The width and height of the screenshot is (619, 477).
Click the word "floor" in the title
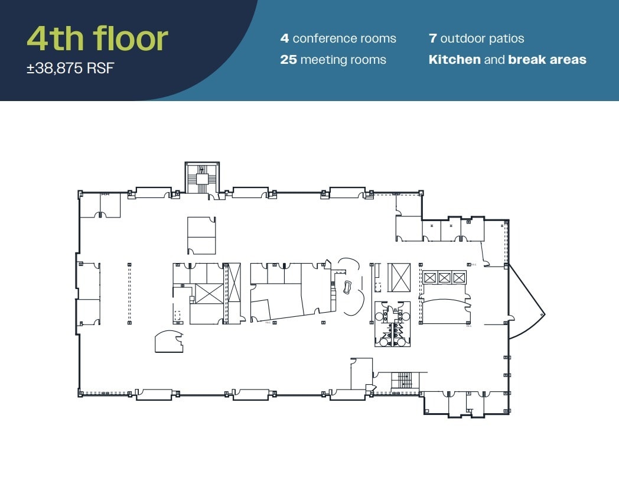(131, 38)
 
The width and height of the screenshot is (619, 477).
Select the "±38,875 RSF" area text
(70, 69)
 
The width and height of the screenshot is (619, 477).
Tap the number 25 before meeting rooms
(288, 60)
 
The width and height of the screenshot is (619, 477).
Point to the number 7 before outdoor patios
(432, 39)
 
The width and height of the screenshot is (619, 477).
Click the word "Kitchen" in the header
(454, 60)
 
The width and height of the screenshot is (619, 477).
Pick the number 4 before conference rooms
(285, 39)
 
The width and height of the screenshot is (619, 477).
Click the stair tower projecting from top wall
(202, 177)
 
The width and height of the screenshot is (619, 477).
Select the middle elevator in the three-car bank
(444, 277)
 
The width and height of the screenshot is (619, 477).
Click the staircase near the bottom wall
(402, 381)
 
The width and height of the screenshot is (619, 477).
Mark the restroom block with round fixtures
(392, 324)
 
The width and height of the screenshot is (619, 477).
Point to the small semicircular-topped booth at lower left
(168, 341)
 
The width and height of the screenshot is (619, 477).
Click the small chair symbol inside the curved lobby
(347, 287)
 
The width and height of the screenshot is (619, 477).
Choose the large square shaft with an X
(209, 294)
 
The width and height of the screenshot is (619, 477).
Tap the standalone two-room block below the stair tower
(201, 235)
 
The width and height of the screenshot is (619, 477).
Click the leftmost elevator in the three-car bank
(429, 277)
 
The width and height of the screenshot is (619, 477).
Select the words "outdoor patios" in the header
(482, 39)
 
